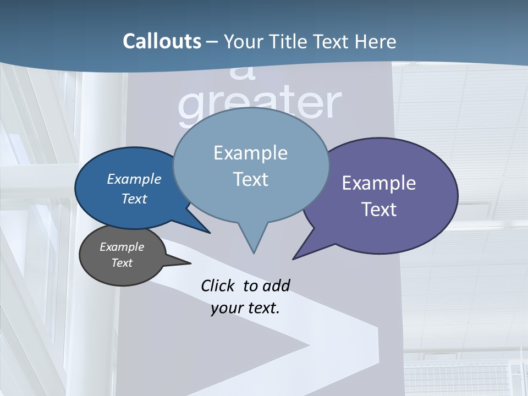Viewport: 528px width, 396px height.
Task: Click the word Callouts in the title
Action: [x=162, y=41]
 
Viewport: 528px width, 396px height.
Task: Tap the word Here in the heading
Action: [x=376, y=42]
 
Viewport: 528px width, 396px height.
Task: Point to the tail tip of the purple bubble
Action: [x=294, y=258]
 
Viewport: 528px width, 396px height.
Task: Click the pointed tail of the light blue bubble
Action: [x=254, y=252]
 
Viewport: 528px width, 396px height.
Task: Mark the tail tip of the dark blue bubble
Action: [x=209, y=232]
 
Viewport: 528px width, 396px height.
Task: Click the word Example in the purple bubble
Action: [x=379, y=183]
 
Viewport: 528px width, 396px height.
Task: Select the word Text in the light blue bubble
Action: [x=251, y=179]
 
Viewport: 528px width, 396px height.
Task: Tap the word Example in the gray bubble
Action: [x=122, y=247]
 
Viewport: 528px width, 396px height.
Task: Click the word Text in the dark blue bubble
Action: [x=134, y=199]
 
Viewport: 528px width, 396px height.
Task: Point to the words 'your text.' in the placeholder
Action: [x=245, y=308]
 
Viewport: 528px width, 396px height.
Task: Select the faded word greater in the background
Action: [x=260, y=105]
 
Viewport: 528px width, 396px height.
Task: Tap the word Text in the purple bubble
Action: [x=379, y=210]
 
